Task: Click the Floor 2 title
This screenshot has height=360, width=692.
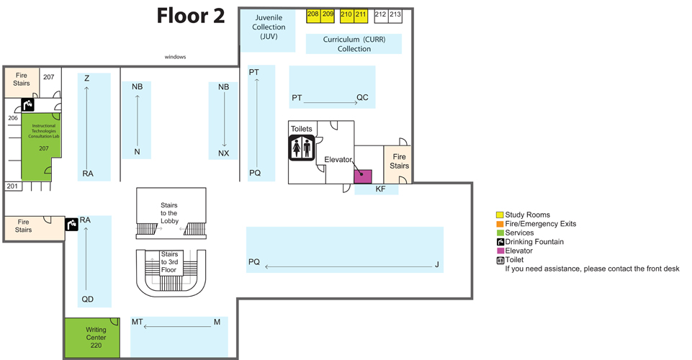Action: click(x=191, y=16)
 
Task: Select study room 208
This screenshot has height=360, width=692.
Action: click(x=313, y=14)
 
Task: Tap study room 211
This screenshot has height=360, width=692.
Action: click(x=361, y=14)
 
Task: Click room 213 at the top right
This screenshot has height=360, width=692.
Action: click(x=395, y=14)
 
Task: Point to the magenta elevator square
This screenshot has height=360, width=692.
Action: click(x=362, y=176)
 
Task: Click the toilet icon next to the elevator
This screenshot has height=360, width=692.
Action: click(x=300, y=148)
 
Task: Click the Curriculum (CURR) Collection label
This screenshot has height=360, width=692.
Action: click(x=354, y=44)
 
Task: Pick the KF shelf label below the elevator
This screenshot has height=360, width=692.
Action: click(x=380, y=189)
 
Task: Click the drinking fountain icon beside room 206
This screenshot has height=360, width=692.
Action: click(x=27, y=104)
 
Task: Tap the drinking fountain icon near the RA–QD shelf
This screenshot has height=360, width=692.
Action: click(x=71, y=225)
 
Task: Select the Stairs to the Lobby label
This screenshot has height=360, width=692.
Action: click(x=169, y=213)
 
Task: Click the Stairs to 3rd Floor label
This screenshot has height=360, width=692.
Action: click(x=169, y=262)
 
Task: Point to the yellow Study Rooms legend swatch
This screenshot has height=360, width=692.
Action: click(x=500, y=215)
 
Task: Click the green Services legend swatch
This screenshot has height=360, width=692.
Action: click(x=500, y=233)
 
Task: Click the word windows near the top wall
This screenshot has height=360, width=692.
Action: click(x=176, y=56)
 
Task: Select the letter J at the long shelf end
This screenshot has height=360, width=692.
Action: click(x=436, y=265)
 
